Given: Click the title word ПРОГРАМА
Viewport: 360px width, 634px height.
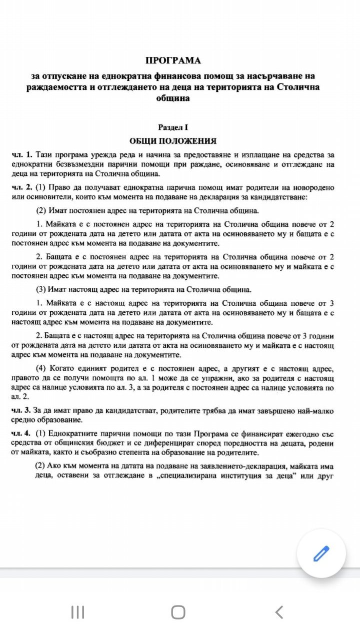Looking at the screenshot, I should (173, 60).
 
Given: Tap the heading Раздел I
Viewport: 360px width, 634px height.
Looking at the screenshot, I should (173, 128).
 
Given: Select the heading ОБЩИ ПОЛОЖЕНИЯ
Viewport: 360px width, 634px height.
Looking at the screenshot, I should (173, 141).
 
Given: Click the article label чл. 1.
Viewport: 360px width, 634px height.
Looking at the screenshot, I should (22, 153).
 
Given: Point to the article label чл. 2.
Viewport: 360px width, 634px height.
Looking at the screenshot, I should (22, 187).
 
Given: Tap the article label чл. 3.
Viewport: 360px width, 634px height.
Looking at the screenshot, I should (22, 410).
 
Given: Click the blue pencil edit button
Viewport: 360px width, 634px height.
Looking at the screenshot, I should (321, 554).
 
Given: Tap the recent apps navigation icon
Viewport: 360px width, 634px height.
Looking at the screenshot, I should (77, 612).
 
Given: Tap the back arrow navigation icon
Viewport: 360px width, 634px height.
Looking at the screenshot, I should (279, 612).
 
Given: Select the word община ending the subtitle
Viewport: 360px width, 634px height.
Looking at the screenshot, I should (173, 98).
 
